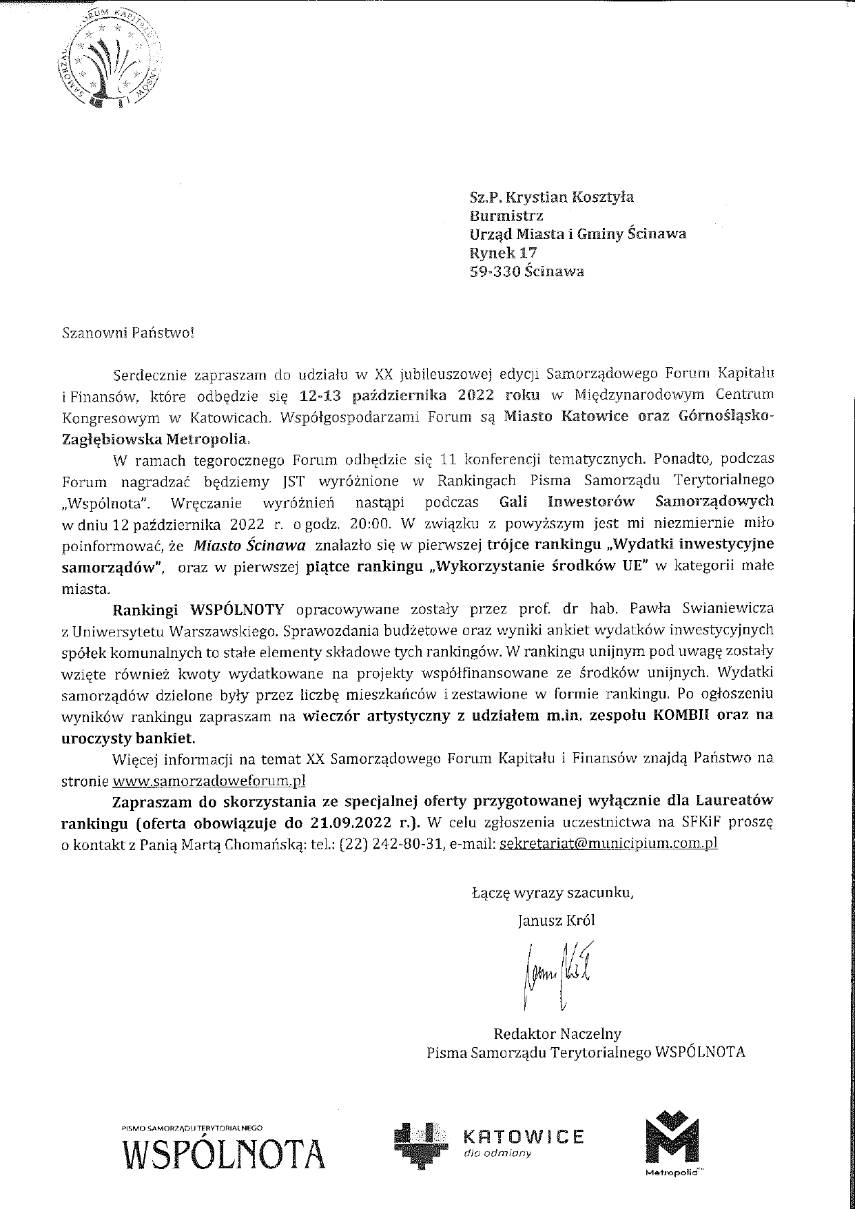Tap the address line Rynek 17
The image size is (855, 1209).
point(503,252)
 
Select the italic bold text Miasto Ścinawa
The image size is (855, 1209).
point(249,544)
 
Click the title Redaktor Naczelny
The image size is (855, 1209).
point(557,1033)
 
